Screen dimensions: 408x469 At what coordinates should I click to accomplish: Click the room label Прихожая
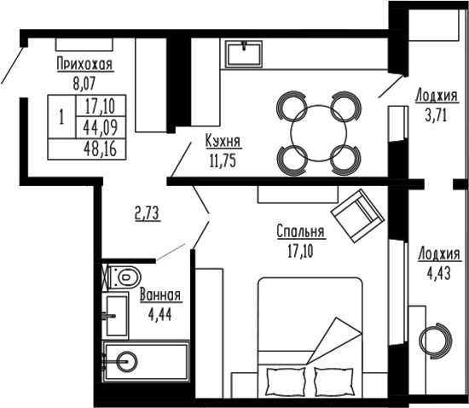pyautogui.click(x=84, y=64)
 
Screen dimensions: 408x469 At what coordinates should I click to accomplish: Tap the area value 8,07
pyautogui.click(x=84, y=84)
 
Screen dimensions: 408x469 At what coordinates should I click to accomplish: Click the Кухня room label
pyautogui.click(x=223, y=141)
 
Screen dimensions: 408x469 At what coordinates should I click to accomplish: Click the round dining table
pyautogui.click(x=317, y=132)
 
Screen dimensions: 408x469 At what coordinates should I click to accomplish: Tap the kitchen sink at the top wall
pyautogui.click(x=246, y=54)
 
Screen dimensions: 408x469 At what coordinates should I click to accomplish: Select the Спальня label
pyautogui.click(x=300, y=232)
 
